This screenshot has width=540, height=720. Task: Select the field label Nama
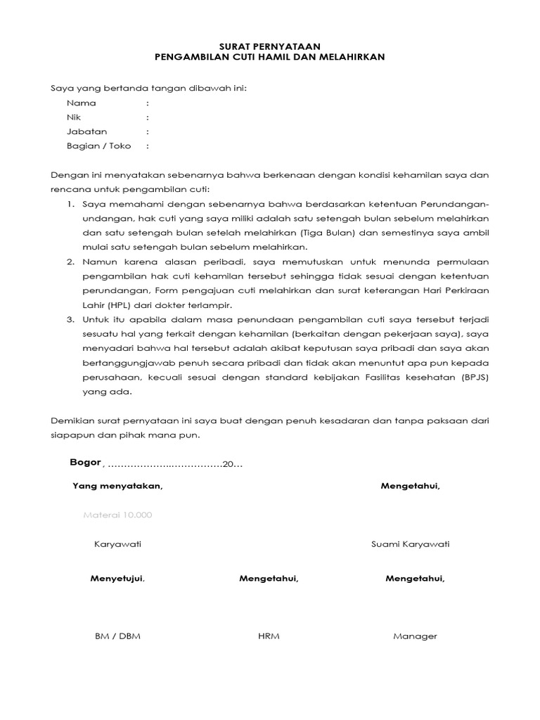point(81,103)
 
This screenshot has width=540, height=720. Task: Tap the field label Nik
point(74,117)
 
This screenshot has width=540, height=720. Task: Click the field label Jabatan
point(86,131)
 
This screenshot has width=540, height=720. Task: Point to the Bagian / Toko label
point(98,146)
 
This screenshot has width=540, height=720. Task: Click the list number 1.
point(71,204)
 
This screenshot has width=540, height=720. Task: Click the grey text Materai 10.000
point(117,515)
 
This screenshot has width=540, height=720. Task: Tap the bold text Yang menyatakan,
point(117,487)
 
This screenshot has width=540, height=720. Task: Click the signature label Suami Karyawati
point(410,544)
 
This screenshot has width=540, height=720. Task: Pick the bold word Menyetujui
point(117,579)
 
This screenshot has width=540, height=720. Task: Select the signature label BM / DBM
point(117,636)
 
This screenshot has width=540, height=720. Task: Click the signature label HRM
point(269,636)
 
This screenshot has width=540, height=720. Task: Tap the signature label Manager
point(415,636)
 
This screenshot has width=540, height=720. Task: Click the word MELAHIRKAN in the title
point(350,57)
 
